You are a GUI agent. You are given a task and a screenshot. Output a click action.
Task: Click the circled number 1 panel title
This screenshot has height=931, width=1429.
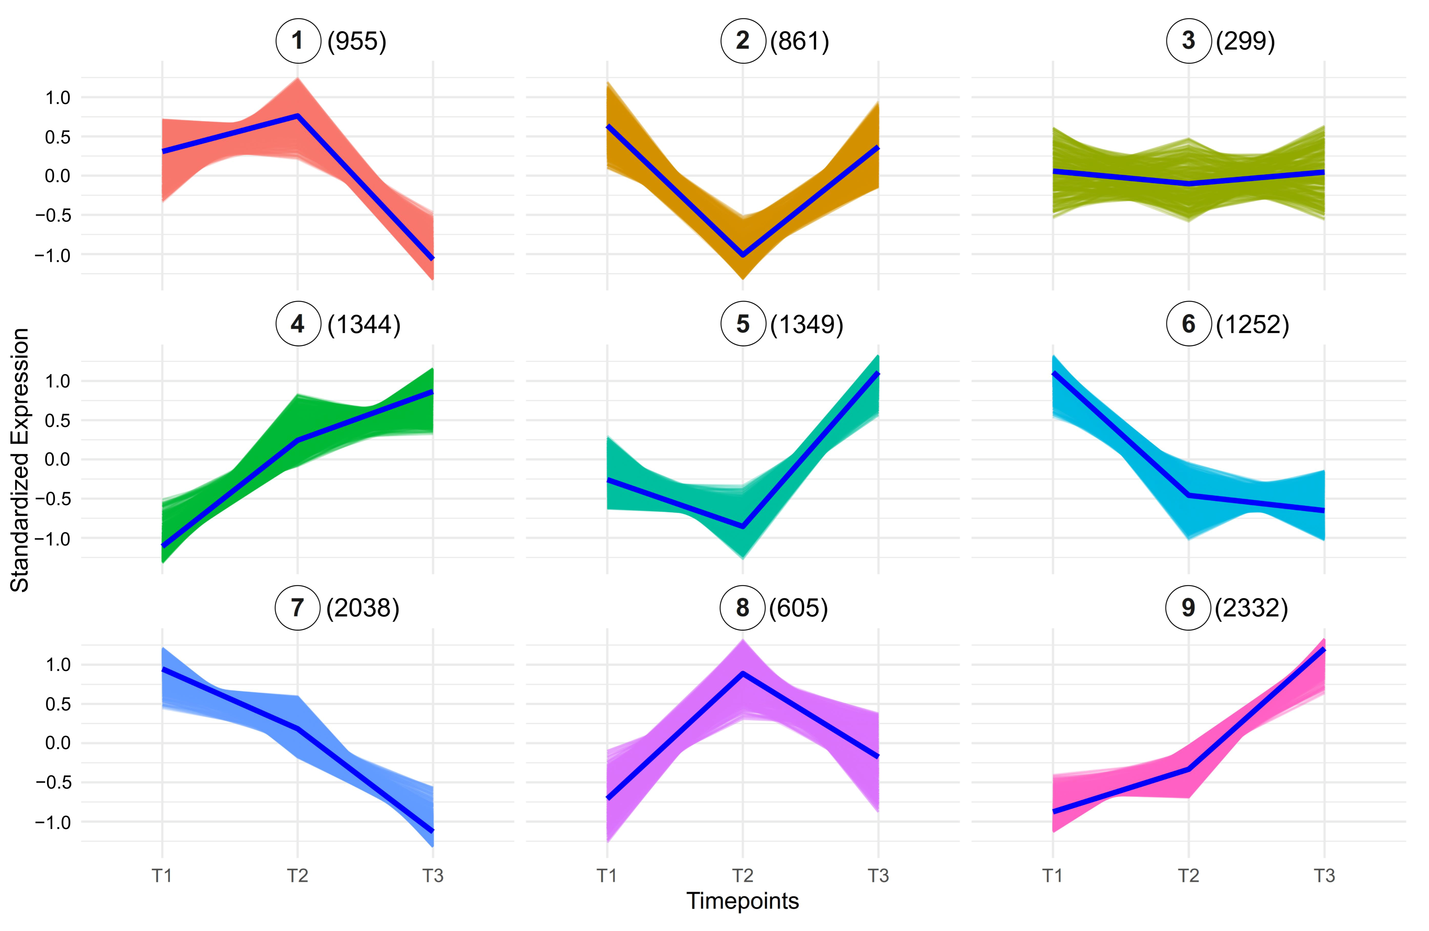pos(298,41)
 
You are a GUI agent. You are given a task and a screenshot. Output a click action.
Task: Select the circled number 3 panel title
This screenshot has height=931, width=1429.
pos(1188,41)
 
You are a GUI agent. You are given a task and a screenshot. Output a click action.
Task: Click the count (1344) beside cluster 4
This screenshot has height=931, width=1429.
pos(364,324)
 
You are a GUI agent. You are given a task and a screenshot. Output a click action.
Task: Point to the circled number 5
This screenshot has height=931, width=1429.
pos(743,324)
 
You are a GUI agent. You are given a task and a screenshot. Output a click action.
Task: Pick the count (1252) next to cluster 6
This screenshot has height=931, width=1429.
pos(1252,324)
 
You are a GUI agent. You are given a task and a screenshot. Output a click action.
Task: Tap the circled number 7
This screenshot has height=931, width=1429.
pos(297,608)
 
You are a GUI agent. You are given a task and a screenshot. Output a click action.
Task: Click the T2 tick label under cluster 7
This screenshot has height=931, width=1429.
pos(297,876)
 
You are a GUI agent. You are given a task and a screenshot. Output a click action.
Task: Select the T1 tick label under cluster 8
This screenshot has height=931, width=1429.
pos(607,876)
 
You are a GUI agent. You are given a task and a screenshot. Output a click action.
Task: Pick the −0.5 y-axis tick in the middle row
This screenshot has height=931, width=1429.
pos(53,499)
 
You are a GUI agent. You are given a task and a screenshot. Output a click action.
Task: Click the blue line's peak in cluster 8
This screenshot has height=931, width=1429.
pos(743,673)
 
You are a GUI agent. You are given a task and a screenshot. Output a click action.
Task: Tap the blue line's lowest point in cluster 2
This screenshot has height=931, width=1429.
pos(743,255)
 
